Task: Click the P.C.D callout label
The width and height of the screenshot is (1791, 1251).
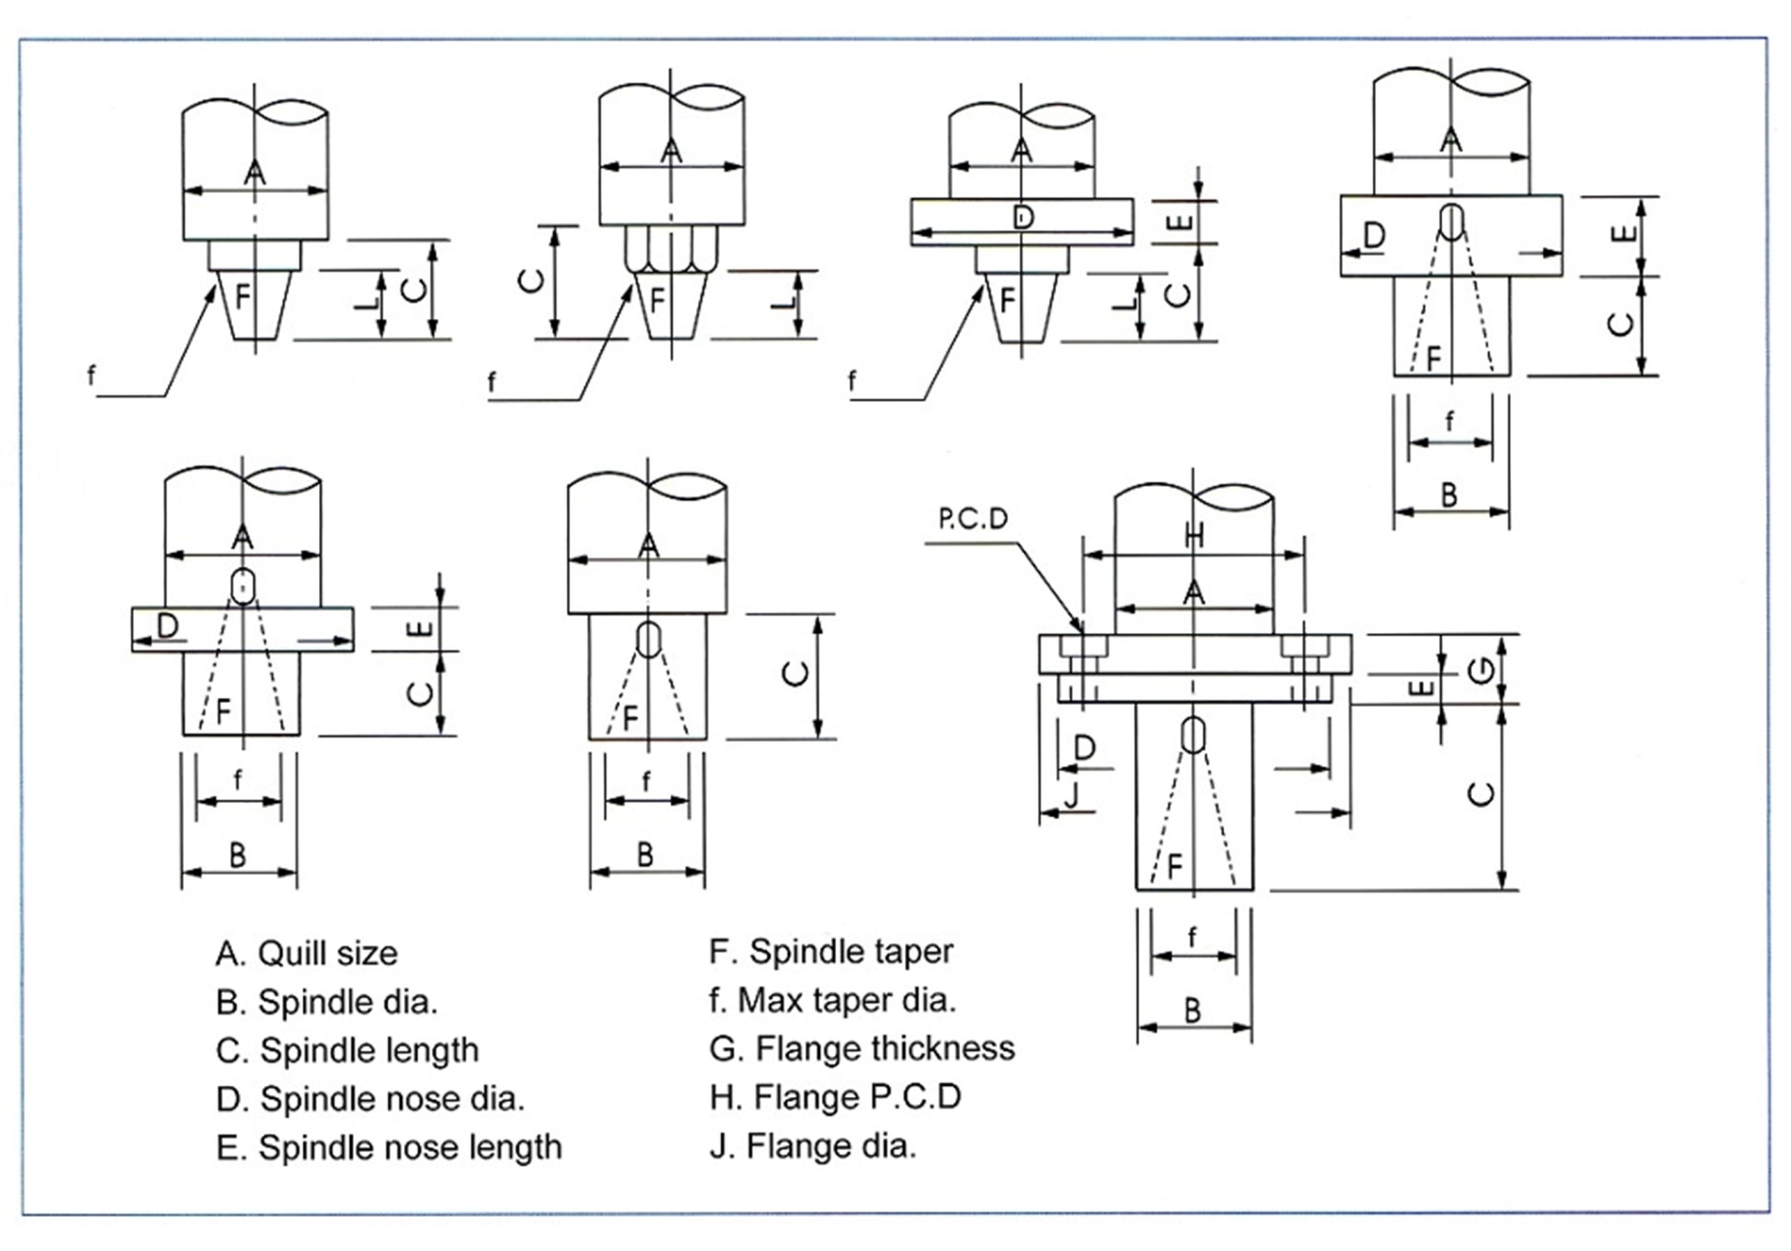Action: pyautogui.click(x=973, y=519)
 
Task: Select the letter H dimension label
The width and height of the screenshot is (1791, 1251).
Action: pyautogui.click(x=1193, y=535)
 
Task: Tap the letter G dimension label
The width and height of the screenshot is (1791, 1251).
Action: pyautogui.click(x=1480, y=669)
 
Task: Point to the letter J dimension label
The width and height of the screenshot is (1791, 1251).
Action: pyautogui.click(x=1071, y=795)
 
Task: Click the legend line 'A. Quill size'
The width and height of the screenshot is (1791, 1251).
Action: pyautogui.click(x=306, y=953)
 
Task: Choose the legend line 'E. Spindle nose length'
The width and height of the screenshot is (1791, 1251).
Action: pyautogui.click(x=388, y=1147)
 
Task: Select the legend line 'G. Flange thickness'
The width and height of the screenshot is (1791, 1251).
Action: pyautogui.click(x=861, y=1049)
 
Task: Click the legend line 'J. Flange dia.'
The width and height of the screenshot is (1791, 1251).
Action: pyautogui.click(x=812, y=1146)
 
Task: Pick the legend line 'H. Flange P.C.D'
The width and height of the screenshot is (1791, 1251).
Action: pyautogui.click(x=835, y=1097)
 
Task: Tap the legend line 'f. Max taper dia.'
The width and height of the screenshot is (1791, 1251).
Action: pyautogui.click(x=832, y=1000)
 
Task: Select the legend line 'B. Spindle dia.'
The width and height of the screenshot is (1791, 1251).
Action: pyautogui.click(x=326, y=1002)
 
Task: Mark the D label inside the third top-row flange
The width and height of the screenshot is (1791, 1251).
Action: pyautogui.click(x=1022, y=218)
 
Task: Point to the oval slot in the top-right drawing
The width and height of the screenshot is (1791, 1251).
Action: pyautogui.click(x=1451, y=221)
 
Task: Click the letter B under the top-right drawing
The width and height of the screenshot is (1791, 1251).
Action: pyautogui.click(x=1449, y=494)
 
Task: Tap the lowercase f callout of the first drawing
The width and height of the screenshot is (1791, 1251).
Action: pyautogui.click(x=90, y=376)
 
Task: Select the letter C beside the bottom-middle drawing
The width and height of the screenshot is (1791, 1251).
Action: pyautogui.click(x=796, y=673)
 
